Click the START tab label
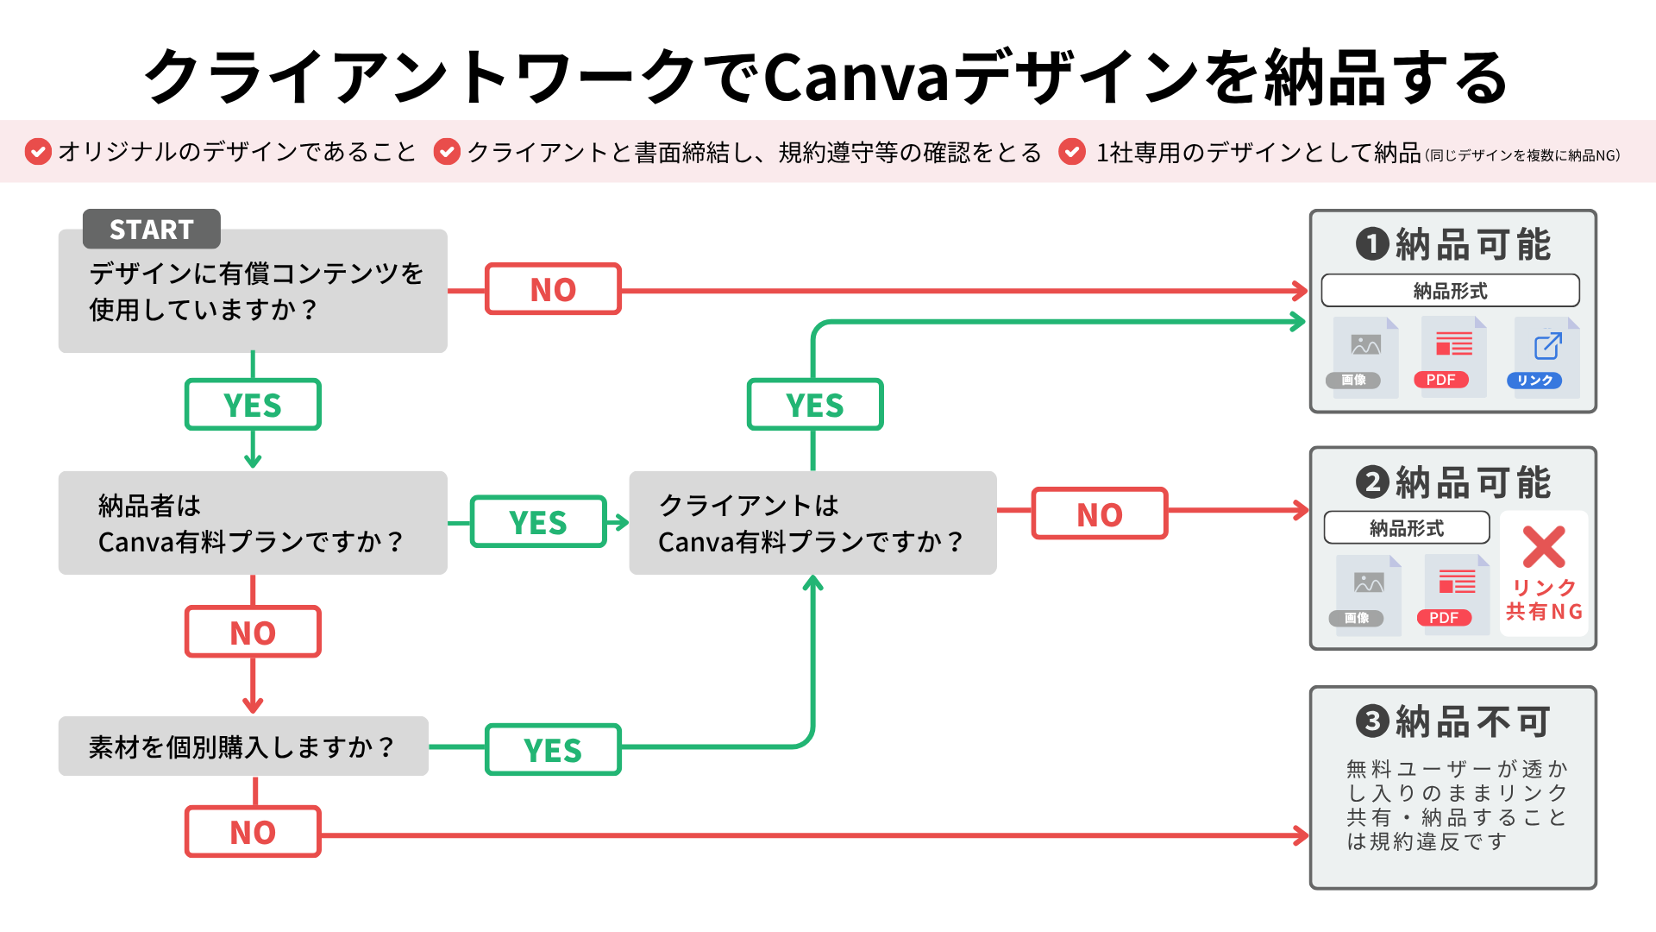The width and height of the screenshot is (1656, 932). (152, 230)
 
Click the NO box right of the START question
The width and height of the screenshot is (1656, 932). (553, 290)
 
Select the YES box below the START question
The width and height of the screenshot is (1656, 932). (253, 405)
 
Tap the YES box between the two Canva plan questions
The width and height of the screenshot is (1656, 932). (538, 522)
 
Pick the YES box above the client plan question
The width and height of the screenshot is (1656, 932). (815, 405)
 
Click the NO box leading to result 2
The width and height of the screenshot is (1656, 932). (1100, 514)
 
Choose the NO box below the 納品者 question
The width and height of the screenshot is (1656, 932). (253, 633)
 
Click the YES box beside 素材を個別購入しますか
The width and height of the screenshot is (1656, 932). (553, 750)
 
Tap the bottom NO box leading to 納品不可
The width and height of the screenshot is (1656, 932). (253, 832)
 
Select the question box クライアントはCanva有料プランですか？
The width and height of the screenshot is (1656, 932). (812, 523)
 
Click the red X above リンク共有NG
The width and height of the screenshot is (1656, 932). (1544, 546)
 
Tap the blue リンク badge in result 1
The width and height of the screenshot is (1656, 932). (1534, 381)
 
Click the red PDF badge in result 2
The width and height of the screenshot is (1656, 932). (1444, 618)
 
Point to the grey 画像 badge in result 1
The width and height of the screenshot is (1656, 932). (1353, 381)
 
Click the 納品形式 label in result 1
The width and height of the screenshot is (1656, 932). (1450, 291)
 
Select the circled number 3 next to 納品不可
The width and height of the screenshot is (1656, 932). (1372, 721)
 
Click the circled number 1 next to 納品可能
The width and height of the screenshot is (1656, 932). (1372, 244)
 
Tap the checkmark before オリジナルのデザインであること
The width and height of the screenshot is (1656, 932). (38, 152)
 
